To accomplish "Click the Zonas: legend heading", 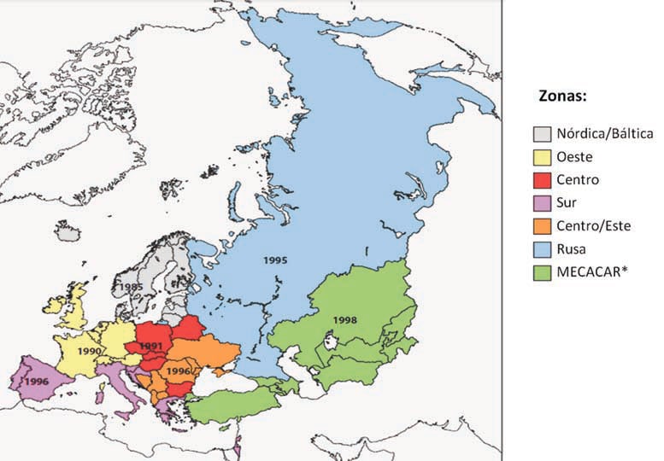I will coord(561,96).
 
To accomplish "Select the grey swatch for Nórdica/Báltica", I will coord(542,134).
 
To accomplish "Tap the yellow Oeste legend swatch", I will coord(542,157).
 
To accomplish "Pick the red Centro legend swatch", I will coord(542,181).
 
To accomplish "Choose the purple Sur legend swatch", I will coord(542,204).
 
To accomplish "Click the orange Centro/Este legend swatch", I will coord(542,227).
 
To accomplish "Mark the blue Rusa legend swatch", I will coord(542,251).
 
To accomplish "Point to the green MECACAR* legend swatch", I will coord(542,274).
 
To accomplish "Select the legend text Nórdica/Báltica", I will coord(604,134).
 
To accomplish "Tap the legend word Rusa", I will coord(573,251).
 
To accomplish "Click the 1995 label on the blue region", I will coord(276,259).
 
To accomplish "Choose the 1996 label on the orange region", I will coord(179,372).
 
